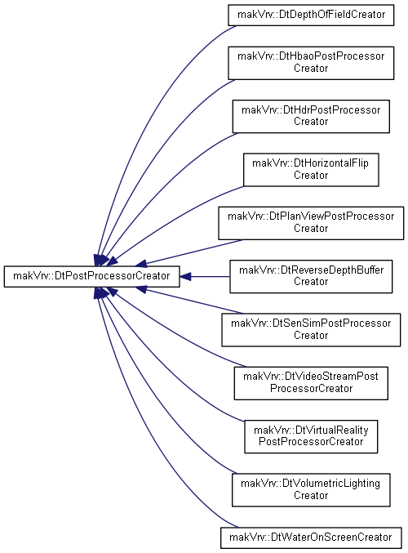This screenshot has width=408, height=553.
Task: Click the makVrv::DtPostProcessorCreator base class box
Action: point(91,276)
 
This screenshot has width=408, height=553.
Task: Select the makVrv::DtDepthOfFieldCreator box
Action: point(311,16)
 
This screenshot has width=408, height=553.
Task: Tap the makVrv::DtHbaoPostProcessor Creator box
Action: point(311,63)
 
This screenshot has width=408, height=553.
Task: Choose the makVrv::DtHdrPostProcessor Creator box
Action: point(311,116)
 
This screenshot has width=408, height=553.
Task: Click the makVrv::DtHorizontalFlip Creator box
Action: point(311,170)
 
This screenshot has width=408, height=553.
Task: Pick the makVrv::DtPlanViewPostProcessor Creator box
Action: point(311,223)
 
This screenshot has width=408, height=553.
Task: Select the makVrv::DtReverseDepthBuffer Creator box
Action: point(311,276)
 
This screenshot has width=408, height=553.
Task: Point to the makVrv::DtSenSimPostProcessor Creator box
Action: point(311,330)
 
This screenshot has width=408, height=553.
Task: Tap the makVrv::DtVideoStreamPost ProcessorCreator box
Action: point(311,383)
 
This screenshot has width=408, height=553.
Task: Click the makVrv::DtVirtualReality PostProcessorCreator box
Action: point(311,437)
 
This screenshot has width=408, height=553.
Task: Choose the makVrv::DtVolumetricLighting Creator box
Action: point(311,490)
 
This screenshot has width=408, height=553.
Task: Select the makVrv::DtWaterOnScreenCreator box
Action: point(311,537)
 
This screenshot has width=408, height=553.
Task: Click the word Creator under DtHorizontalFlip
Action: point(311,176)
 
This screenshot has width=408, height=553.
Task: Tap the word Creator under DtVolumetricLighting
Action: point(311,496)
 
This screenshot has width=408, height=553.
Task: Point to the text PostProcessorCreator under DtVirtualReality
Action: point(311,442)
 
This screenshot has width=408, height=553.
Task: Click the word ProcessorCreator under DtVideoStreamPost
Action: point(311,389)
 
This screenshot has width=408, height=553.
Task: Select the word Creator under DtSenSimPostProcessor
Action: point(311,336)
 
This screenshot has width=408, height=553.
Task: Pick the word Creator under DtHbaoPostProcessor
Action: point(311,69)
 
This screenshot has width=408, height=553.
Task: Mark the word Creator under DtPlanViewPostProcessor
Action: point(311,229)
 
